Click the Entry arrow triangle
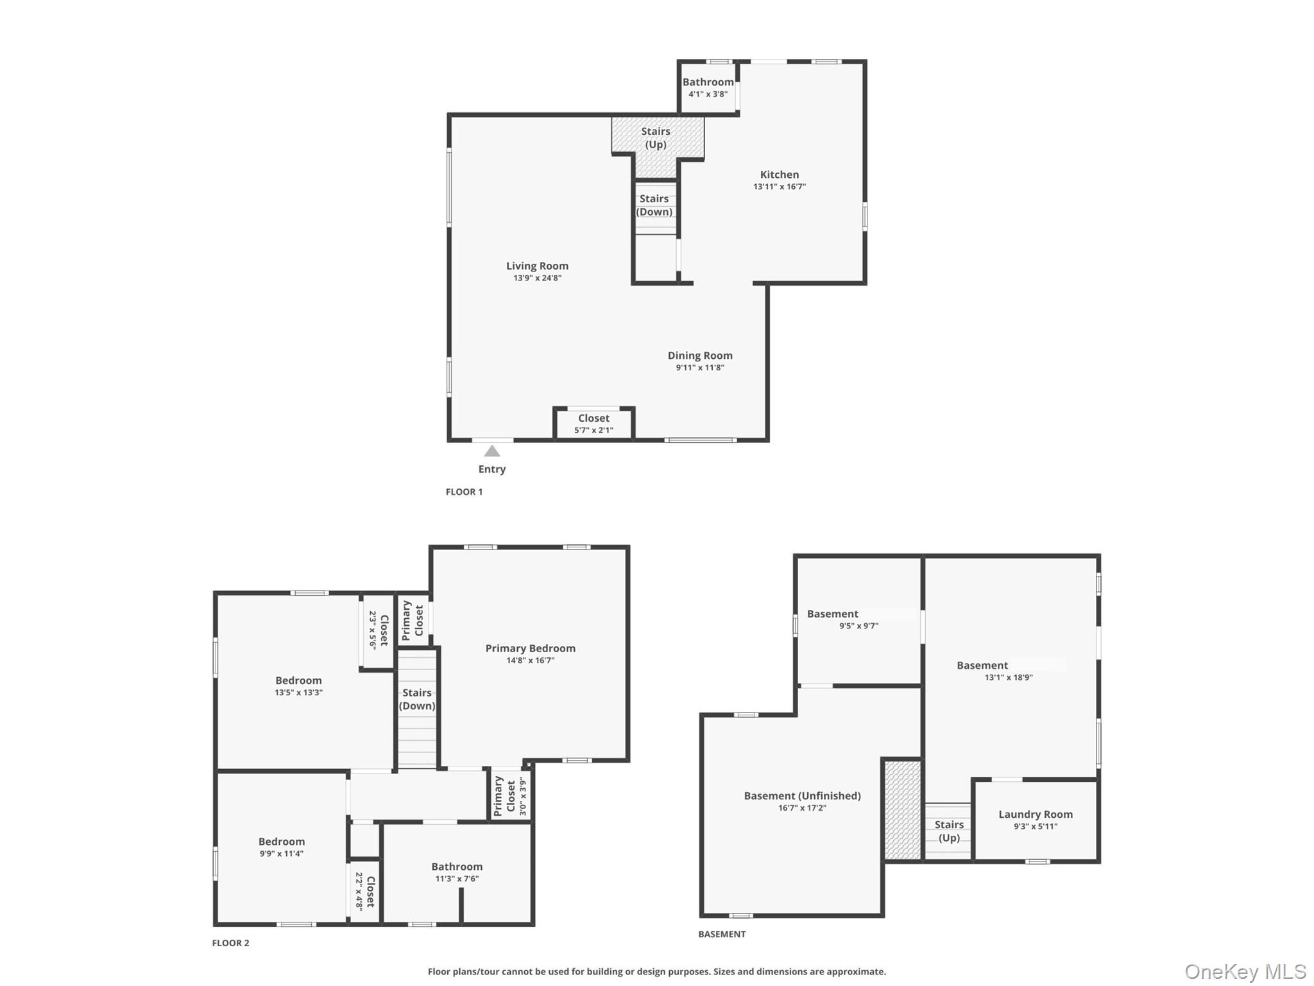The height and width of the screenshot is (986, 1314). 491,451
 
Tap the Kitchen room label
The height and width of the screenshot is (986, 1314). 779,175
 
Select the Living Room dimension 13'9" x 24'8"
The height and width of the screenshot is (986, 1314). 537,278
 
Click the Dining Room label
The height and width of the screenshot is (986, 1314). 699,356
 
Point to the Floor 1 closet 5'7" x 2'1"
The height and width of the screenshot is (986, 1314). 593,424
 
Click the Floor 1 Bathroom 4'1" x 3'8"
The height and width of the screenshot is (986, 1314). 708,87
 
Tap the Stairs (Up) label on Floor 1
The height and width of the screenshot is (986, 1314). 655,138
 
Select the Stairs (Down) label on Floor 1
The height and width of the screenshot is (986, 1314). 654,205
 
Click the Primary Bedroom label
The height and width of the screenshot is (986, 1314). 530,648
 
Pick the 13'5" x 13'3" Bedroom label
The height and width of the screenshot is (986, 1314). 298,686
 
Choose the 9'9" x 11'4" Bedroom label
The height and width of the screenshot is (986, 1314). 281,847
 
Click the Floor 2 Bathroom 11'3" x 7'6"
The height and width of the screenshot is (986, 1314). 456,872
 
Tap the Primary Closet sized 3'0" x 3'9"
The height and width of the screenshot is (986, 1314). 511,797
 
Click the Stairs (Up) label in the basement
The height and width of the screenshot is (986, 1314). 948,831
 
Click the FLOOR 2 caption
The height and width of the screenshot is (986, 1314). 230,943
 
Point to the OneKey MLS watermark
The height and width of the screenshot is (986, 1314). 1245,971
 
